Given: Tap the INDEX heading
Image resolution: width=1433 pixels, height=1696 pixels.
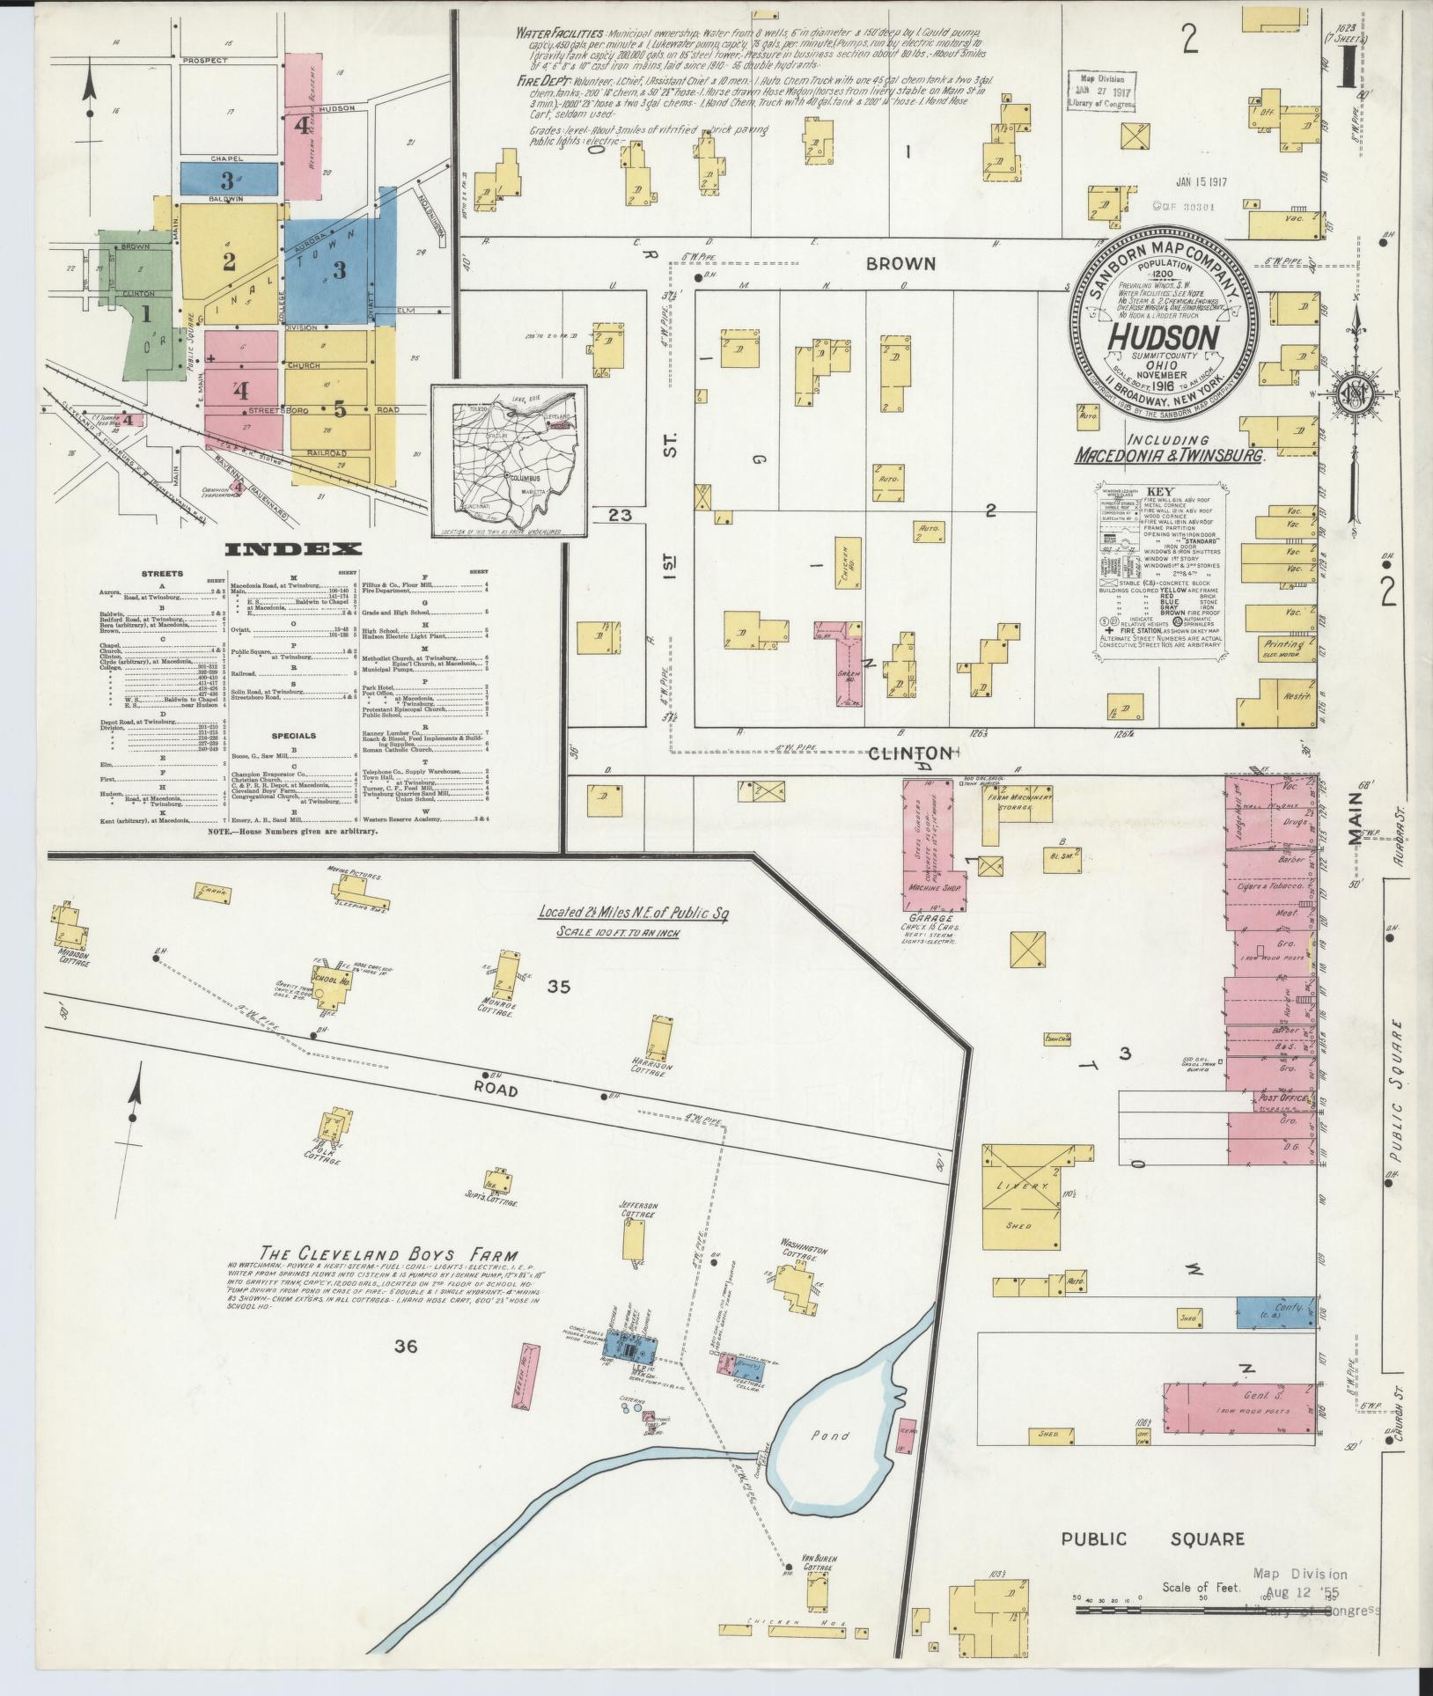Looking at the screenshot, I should (x=294, y=549).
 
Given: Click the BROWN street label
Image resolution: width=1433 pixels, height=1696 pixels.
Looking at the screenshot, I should (x=900, y=263).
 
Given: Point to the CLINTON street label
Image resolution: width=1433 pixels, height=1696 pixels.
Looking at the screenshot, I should (x=910, y=753).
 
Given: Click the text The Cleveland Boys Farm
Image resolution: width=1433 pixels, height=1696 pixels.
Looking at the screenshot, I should (x=388, y=1255).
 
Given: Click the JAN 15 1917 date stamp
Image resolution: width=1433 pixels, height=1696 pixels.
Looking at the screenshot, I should (x=1201, y=183).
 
